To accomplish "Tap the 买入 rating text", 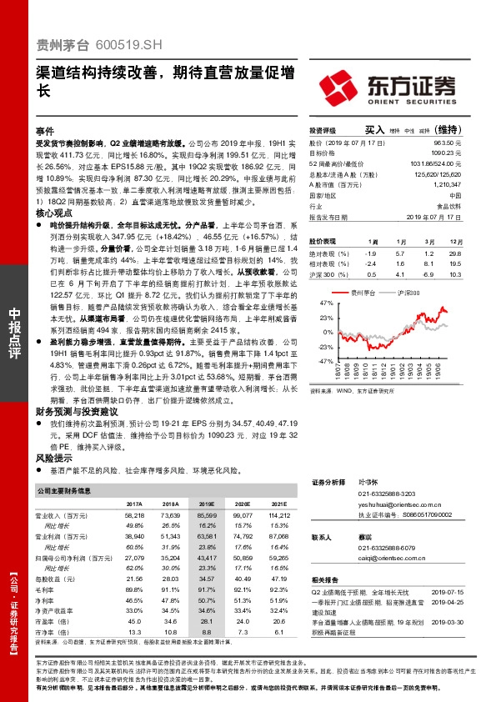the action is pyautogui.click(x=374, y=130).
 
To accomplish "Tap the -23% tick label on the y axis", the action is pyautogui.click(x=325, y=346).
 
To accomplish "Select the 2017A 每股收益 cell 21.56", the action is pyautogui.click(x=133, y=579).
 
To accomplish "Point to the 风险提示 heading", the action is pyautogui.click(x=53, y=458).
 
